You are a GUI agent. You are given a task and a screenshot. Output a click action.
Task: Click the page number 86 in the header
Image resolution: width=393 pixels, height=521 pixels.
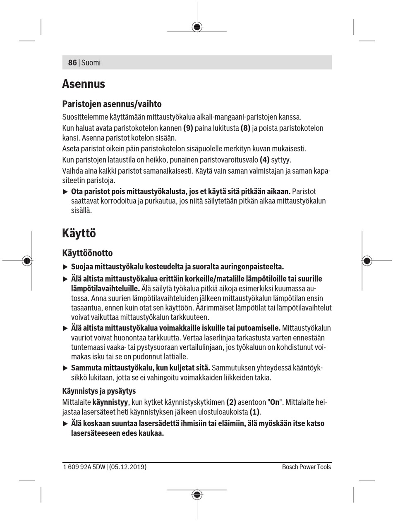[x=72, y=63]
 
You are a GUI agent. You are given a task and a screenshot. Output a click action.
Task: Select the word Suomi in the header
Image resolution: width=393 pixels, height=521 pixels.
[x=91, y=63]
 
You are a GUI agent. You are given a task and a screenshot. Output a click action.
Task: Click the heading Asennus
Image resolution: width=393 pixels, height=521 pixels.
[x=84, y=84]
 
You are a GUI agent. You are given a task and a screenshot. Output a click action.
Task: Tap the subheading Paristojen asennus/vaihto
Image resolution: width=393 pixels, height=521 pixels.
[x=112, y=104]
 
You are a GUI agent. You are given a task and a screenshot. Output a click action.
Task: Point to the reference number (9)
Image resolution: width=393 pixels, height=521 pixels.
[x=188, y=128]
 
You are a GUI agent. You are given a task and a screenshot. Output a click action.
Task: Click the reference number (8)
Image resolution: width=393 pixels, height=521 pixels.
[x=246, y=128]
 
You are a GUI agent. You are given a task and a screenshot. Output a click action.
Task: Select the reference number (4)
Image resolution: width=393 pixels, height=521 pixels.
[x=264, y=160]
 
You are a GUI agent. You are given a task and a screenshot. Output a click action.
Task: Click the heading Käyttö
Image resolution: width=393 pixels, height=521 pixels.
[x=79, y=233]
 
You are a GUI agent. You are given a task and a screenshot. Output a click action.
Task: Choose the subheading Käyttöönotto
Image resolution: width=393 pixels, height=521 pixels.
[x=87, y=253]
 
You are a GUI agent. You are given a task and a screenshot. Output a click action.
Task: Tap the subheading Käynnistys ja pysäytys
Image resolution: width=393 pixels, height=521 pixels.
[x=99, y=391]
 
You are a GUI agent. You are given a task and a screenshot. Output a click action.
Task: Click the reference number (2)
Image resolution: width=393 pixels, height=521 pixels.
[x=231, y=402]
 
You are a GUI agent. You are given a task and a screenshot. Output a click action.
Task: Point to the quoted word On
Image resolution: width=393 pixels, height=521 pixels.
[x=275, y=402]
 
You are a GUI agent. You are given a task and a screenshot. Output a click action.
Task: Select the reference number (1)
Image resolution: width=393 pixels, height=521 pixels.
[x=255, y=412]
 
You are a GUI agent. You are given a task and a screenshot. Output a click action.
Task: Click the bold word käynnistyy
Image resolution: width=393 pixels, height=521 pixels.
[x=110, y=402]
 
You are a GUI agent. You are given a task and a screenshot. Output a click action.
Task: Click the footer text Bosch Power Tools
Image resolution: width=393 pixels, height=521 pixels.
[x=307, y=467]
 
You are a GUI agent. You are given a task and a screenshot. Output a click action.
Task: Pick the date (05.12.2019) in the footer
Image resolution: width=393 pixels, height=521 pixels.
[x=127, y=467]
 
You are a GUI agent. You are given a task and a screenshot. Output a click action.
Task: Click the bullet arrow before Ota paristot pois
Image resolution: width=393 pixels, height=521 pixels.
[x=65, y=192]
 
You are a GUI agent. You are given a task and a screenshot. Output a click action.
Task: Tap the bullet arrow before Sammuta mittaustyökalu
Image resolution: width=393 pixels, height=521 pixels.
[x=65, y=368]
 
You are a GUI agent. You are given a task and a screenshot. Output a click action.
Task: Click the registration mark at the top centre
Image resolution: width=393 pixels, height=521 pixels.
[x=197, y=27]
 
